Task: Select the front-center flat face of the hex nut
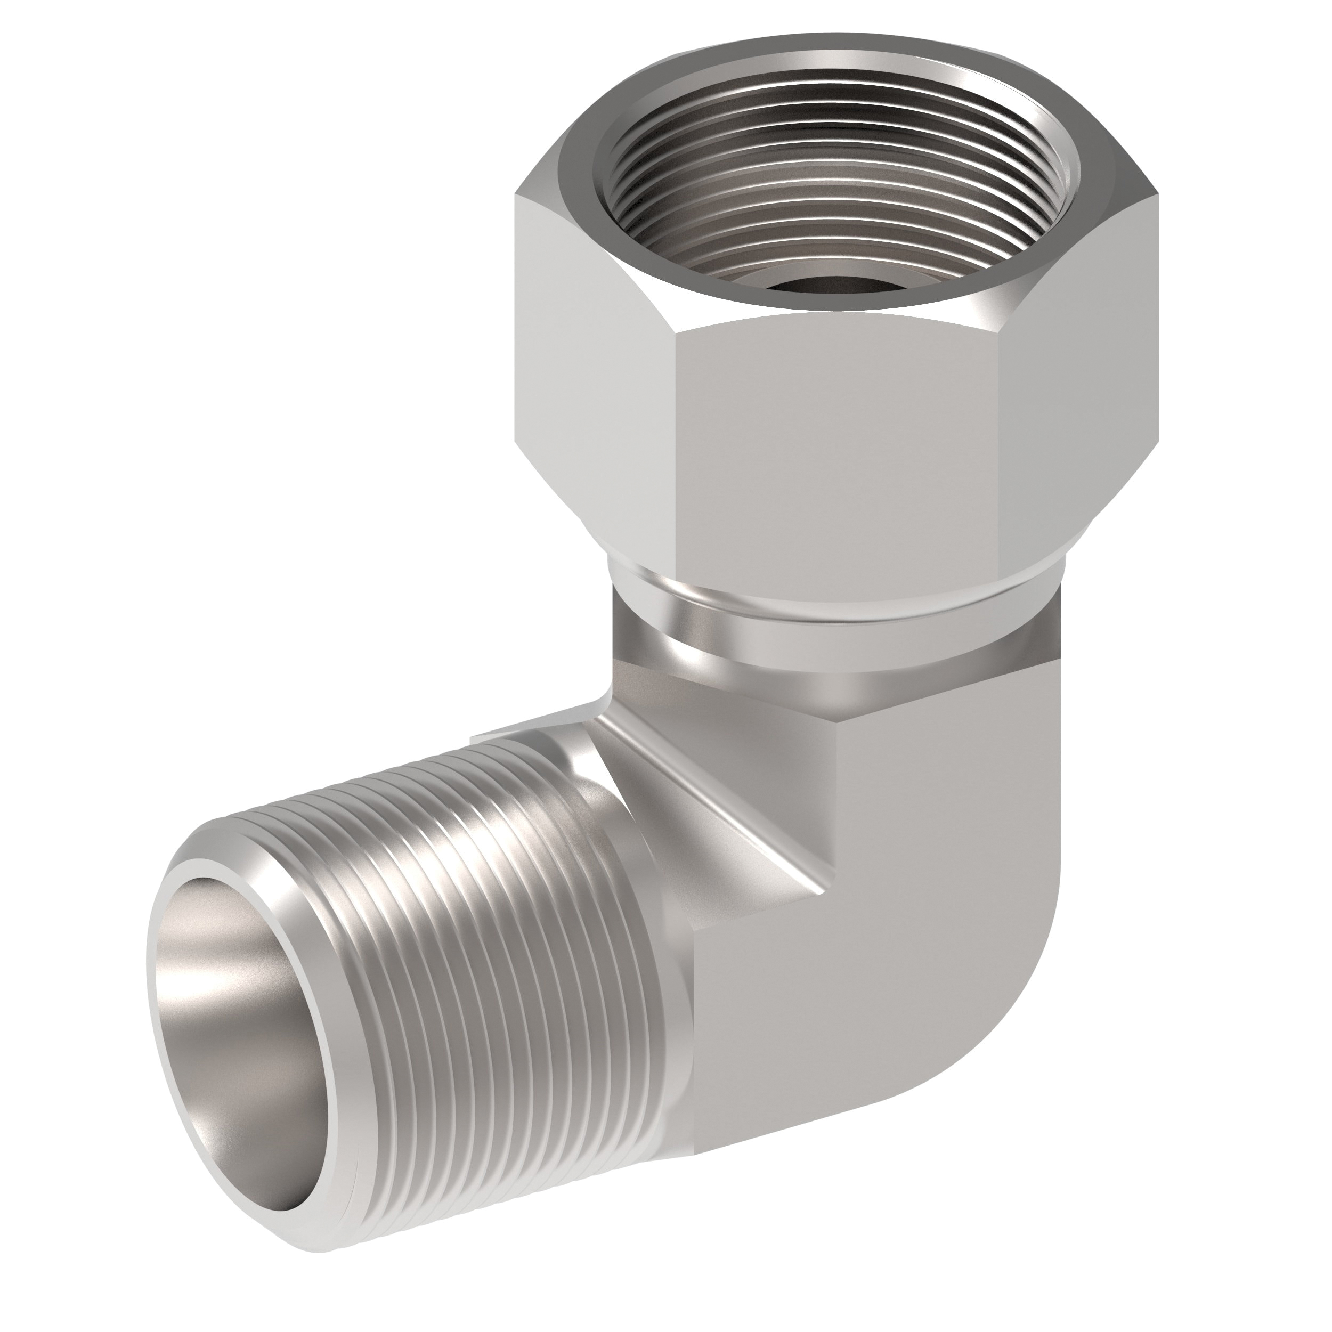click(834, 448)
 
